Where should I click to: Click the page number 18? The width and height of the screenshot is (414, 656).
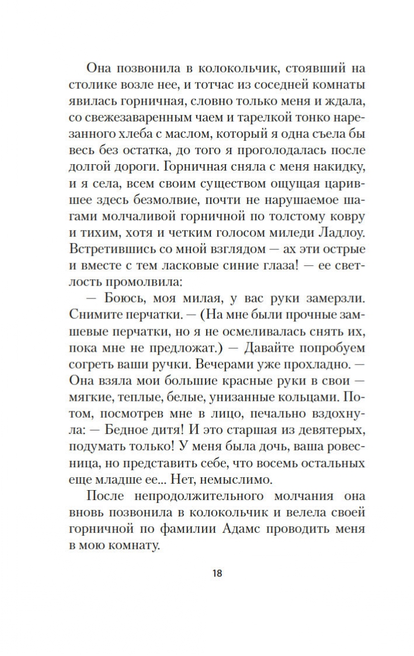pos(217,573)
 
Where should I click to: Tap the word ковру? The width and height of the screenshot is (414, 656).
pos(346,216)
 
